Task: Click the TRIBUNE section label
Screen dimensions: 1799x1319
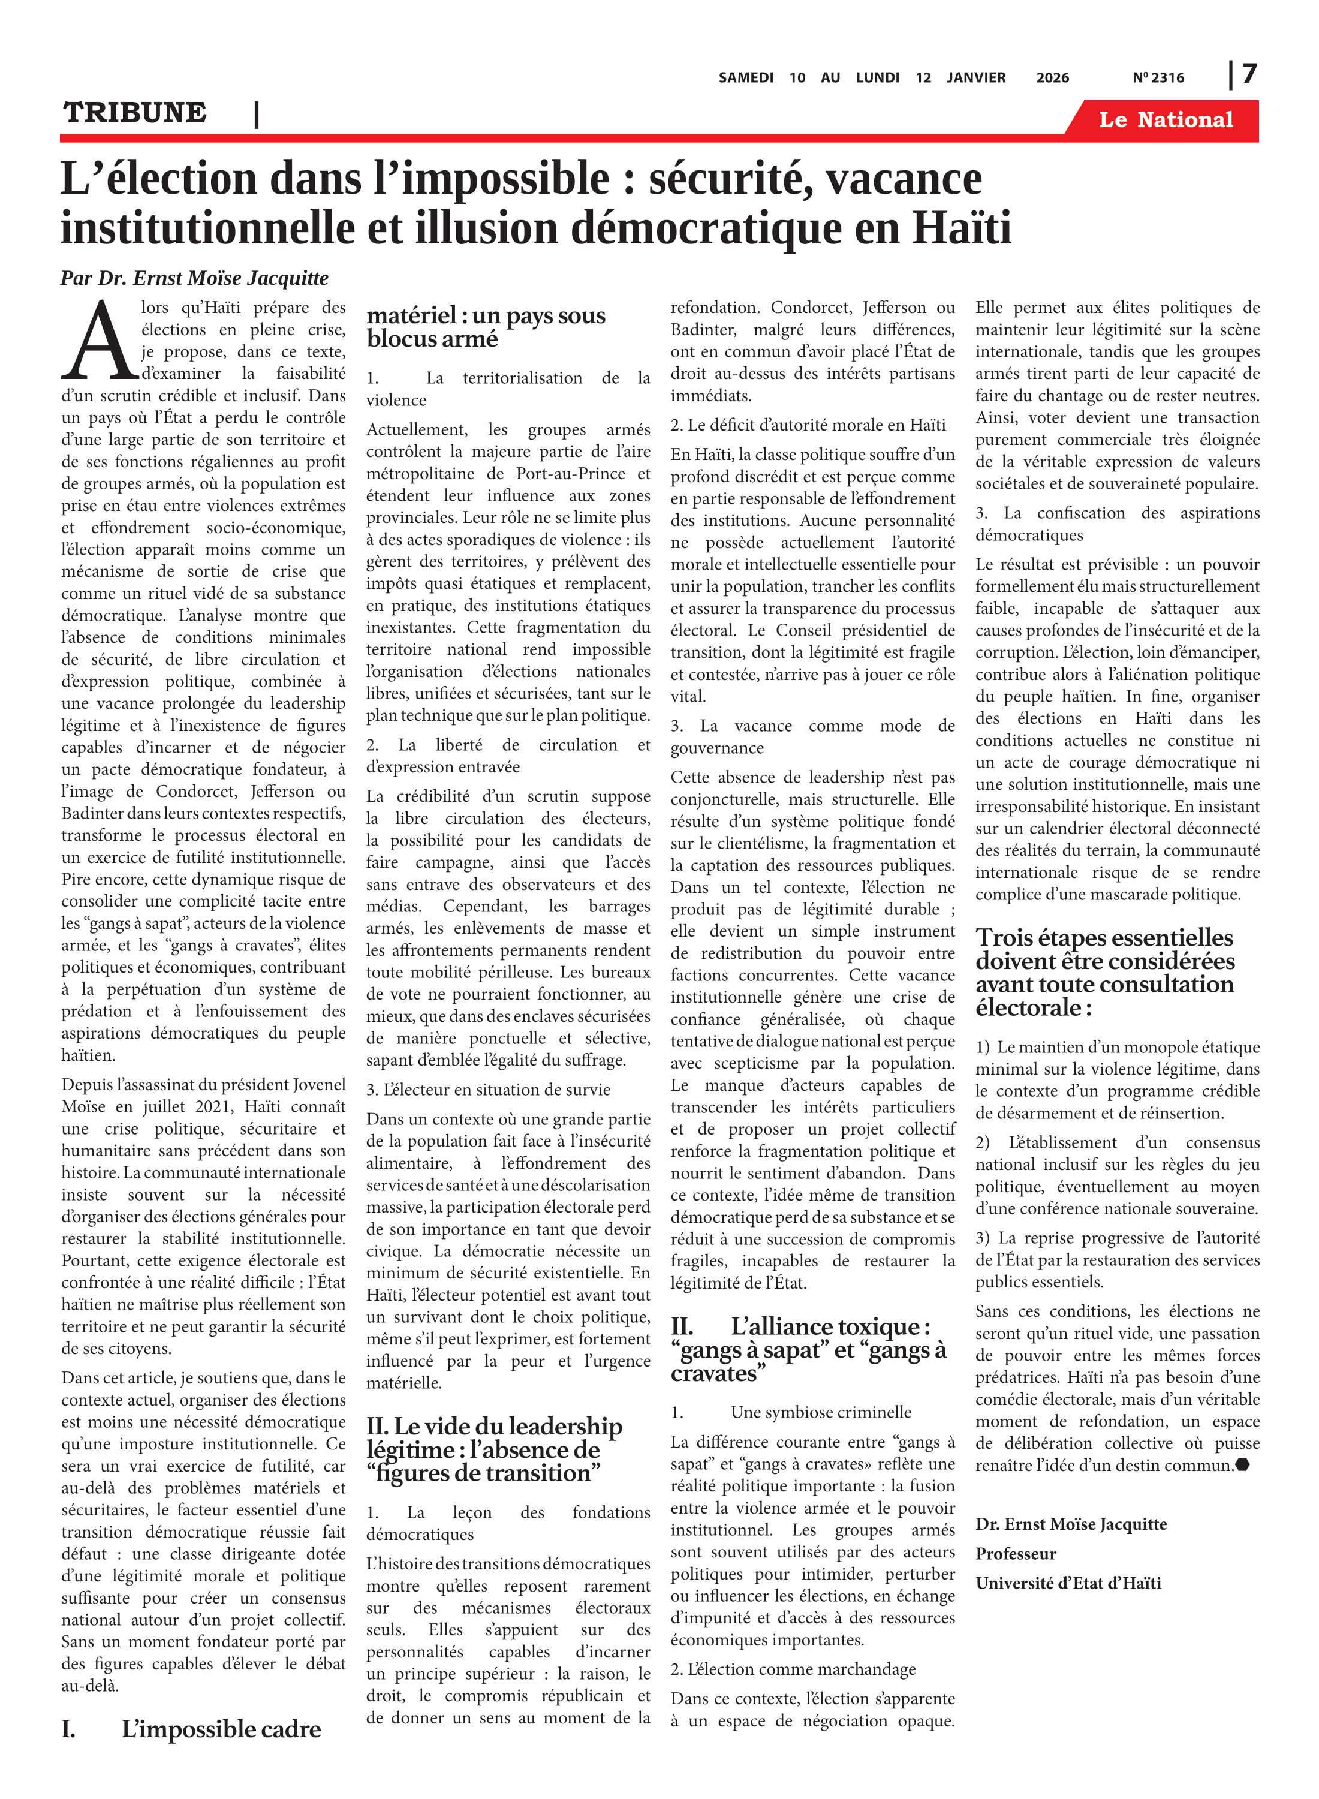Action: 135,113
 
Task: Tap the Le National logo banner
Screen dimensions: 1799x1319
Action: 1165,120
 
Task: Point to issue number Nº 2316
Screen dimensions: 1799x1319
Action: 1158,77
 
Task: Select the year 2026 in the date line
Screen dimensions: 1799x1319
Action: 1052,77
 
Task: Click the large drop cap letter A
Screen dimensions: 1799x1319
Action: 99,341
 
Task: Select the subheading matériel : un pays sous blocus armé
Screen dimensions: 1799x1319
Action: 486,327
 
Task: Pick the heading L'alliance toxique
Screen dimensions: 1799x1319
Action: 808,1349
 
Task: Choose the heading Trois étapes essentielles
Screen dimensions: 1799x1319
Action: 1104,972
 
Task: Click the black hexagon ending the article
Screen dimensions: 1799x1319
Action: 1242,1465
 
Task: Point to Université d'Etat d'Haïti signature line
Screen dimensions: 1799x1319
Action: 1068,1583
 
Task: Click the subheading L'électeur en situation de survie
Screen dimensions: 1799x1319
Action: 488,1090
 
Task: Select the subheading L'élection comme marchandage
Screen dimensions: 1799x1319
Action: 793,1669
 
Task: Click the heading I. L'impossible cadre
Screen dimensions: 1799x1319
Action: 192,1729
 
